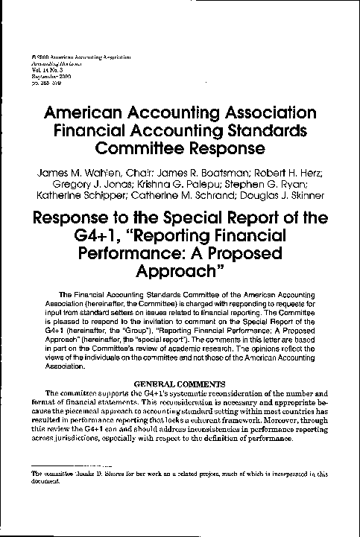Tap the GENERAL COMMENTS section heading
180,383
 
